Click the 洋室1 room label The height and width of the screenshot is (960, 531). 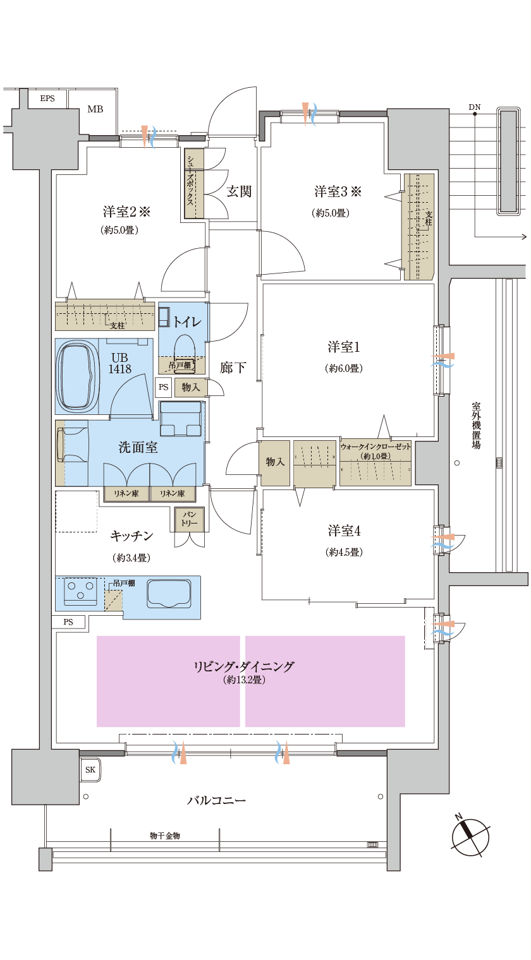pyautogui.click(x=344, y=347)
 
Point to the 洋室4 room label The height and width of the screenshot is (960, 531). pyautogui.click(x=344, y=531)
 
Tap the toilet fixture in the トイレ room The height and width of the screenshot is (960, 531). pyautogui.click(x=184, y=347)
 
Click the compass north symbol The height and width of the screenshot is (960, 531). pyautogui.click(x=470, y=837)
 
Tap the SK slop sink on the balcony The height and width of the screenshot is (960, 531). pyautogui.click(x=91, y=769)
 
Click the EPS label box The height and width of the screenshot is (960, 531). pyautogui.click(x=47, y=99)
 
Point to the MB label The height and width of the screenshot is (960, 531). pyautogui.click(x=95, y=109)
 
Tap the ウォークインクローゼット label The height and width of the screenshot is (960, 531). pyautogui.click(x=375, y=447)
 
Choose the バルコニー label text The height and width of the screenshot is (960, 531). pyautogui.click(x=216, y=800)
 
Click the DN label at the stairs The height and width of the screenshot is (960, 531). pyautogui.click(x=475, y=107)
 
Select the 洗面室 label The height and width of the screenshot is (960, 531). pyautogui.click(x=138, y=447)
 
